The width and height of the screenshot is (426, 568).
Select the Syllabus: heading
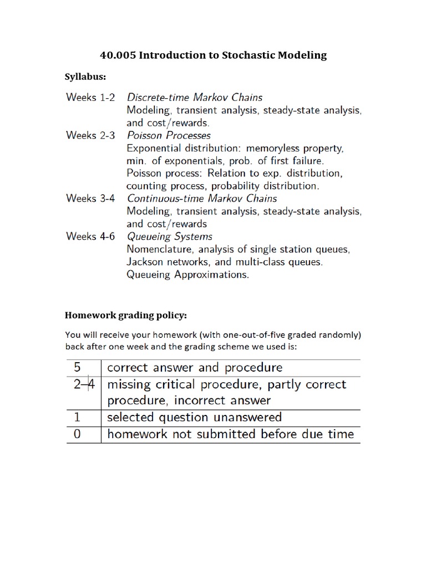point(86,77)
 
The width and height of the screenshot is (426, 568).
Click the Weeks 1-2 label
point(91,97)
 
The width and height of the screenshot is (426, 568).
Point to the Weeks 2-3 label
point(91,135)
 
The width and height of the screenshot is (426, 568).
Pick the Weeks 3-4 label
point(91,198)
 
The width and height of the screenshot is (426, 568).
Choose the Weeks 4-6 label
point(91,236)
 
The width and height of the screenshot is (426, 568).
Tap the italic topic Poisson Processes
point(169,135)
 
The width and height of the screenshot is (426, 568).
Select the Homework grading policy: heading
point(126,315)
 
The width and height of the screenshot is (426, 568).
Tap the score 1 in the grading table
point(77,417)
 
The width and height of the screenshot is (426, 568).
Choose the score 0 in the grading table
point(77,434)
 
